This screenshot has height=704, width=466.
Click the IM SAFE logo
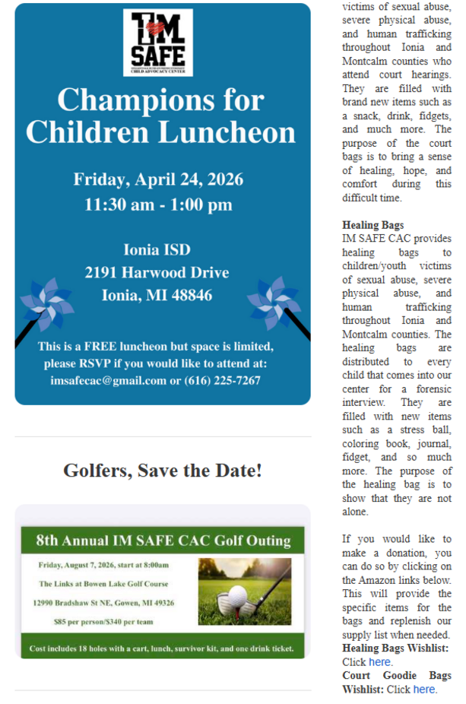tap(157, 43)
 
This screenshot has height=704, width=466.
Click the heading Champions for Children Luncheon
tap(160, 116)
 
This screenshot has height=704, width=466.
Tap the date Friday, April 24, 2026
tap(158, 179)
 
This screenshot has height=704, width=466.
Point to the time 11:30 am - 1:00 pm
tap(158, 205)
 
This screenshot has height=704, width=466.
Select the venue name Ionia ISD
tap(157, 249)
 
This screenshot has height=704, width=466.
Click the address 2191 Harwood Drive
tap(157, 272)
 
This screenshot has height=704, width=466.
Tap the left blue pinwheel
tap(46, 304)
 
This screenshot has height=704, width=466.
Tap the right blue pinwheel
tap(274, 303)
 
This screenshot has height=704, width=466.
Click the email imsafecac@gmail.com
tap(108, 380)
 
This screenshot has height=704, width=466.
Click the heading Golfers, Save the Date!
tap(163, 471)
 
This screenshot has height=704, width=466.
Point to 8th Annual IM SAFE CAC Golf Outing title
tap(163, 541)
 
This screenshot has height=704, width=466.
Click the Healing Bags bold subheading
tap(372, 225)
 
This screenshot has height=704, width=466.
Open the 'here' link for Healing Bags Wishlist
tap(379, 661)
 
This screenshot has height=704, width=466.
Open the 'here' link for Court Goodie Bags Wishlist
tap(424, 689)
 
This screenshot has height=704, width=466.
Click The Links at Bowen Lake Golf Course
tap(103, 584)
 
